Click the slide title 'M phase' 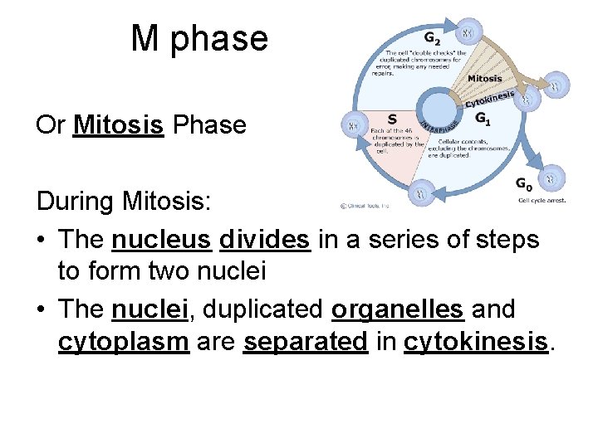(x=199, y=39)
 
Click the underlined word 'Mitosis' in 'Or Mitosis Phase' (x=118, y=125)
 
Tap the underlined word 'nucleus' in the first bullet (x=161, y=240)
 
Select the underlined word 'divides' (x=265, y=240)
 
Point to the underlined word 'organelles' (x=397, y=309)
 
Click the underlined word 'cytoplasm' (x=124, y=342)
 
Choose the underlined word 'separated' (x=305, y=342)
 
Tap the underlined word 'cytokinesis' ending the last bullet (x=477, y=342)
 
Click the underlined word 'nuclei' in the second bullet (x=150, y=309)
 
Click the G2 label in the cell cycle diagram (x=433, y=38)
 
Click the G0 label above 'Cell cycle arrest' (x=525, y=184)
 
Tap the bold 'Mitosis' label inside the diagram (x=484, y=79)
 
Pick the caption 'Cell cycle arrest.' (x=542, y=200)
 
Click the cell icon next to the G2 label (x=469, y=33)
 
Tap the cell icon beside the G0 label (x=551, y=177)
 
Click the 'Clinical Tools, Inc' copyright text (x=365, y=205)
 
